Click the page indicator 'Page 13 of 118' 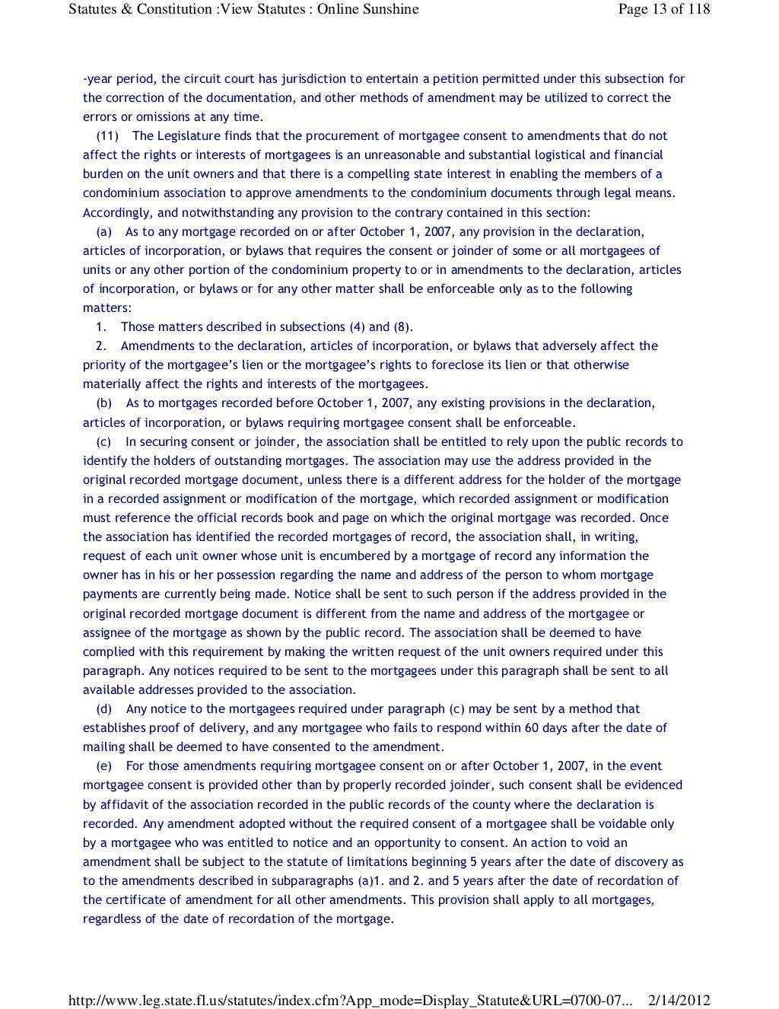coord(663,9)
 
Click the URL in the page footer coord(350,1001)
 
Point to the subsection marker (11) coord(107,136)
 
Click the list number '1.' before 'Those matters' coord(101,327)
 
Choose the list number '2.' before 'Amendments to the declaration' coord(101,346)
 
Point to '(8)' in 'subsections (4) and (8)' coord(402,327)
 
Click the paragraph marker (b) coord(104,403)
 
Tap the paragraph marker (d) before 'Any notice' coord(104,709)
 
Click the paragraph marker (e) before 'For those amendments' coord(104,766)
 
